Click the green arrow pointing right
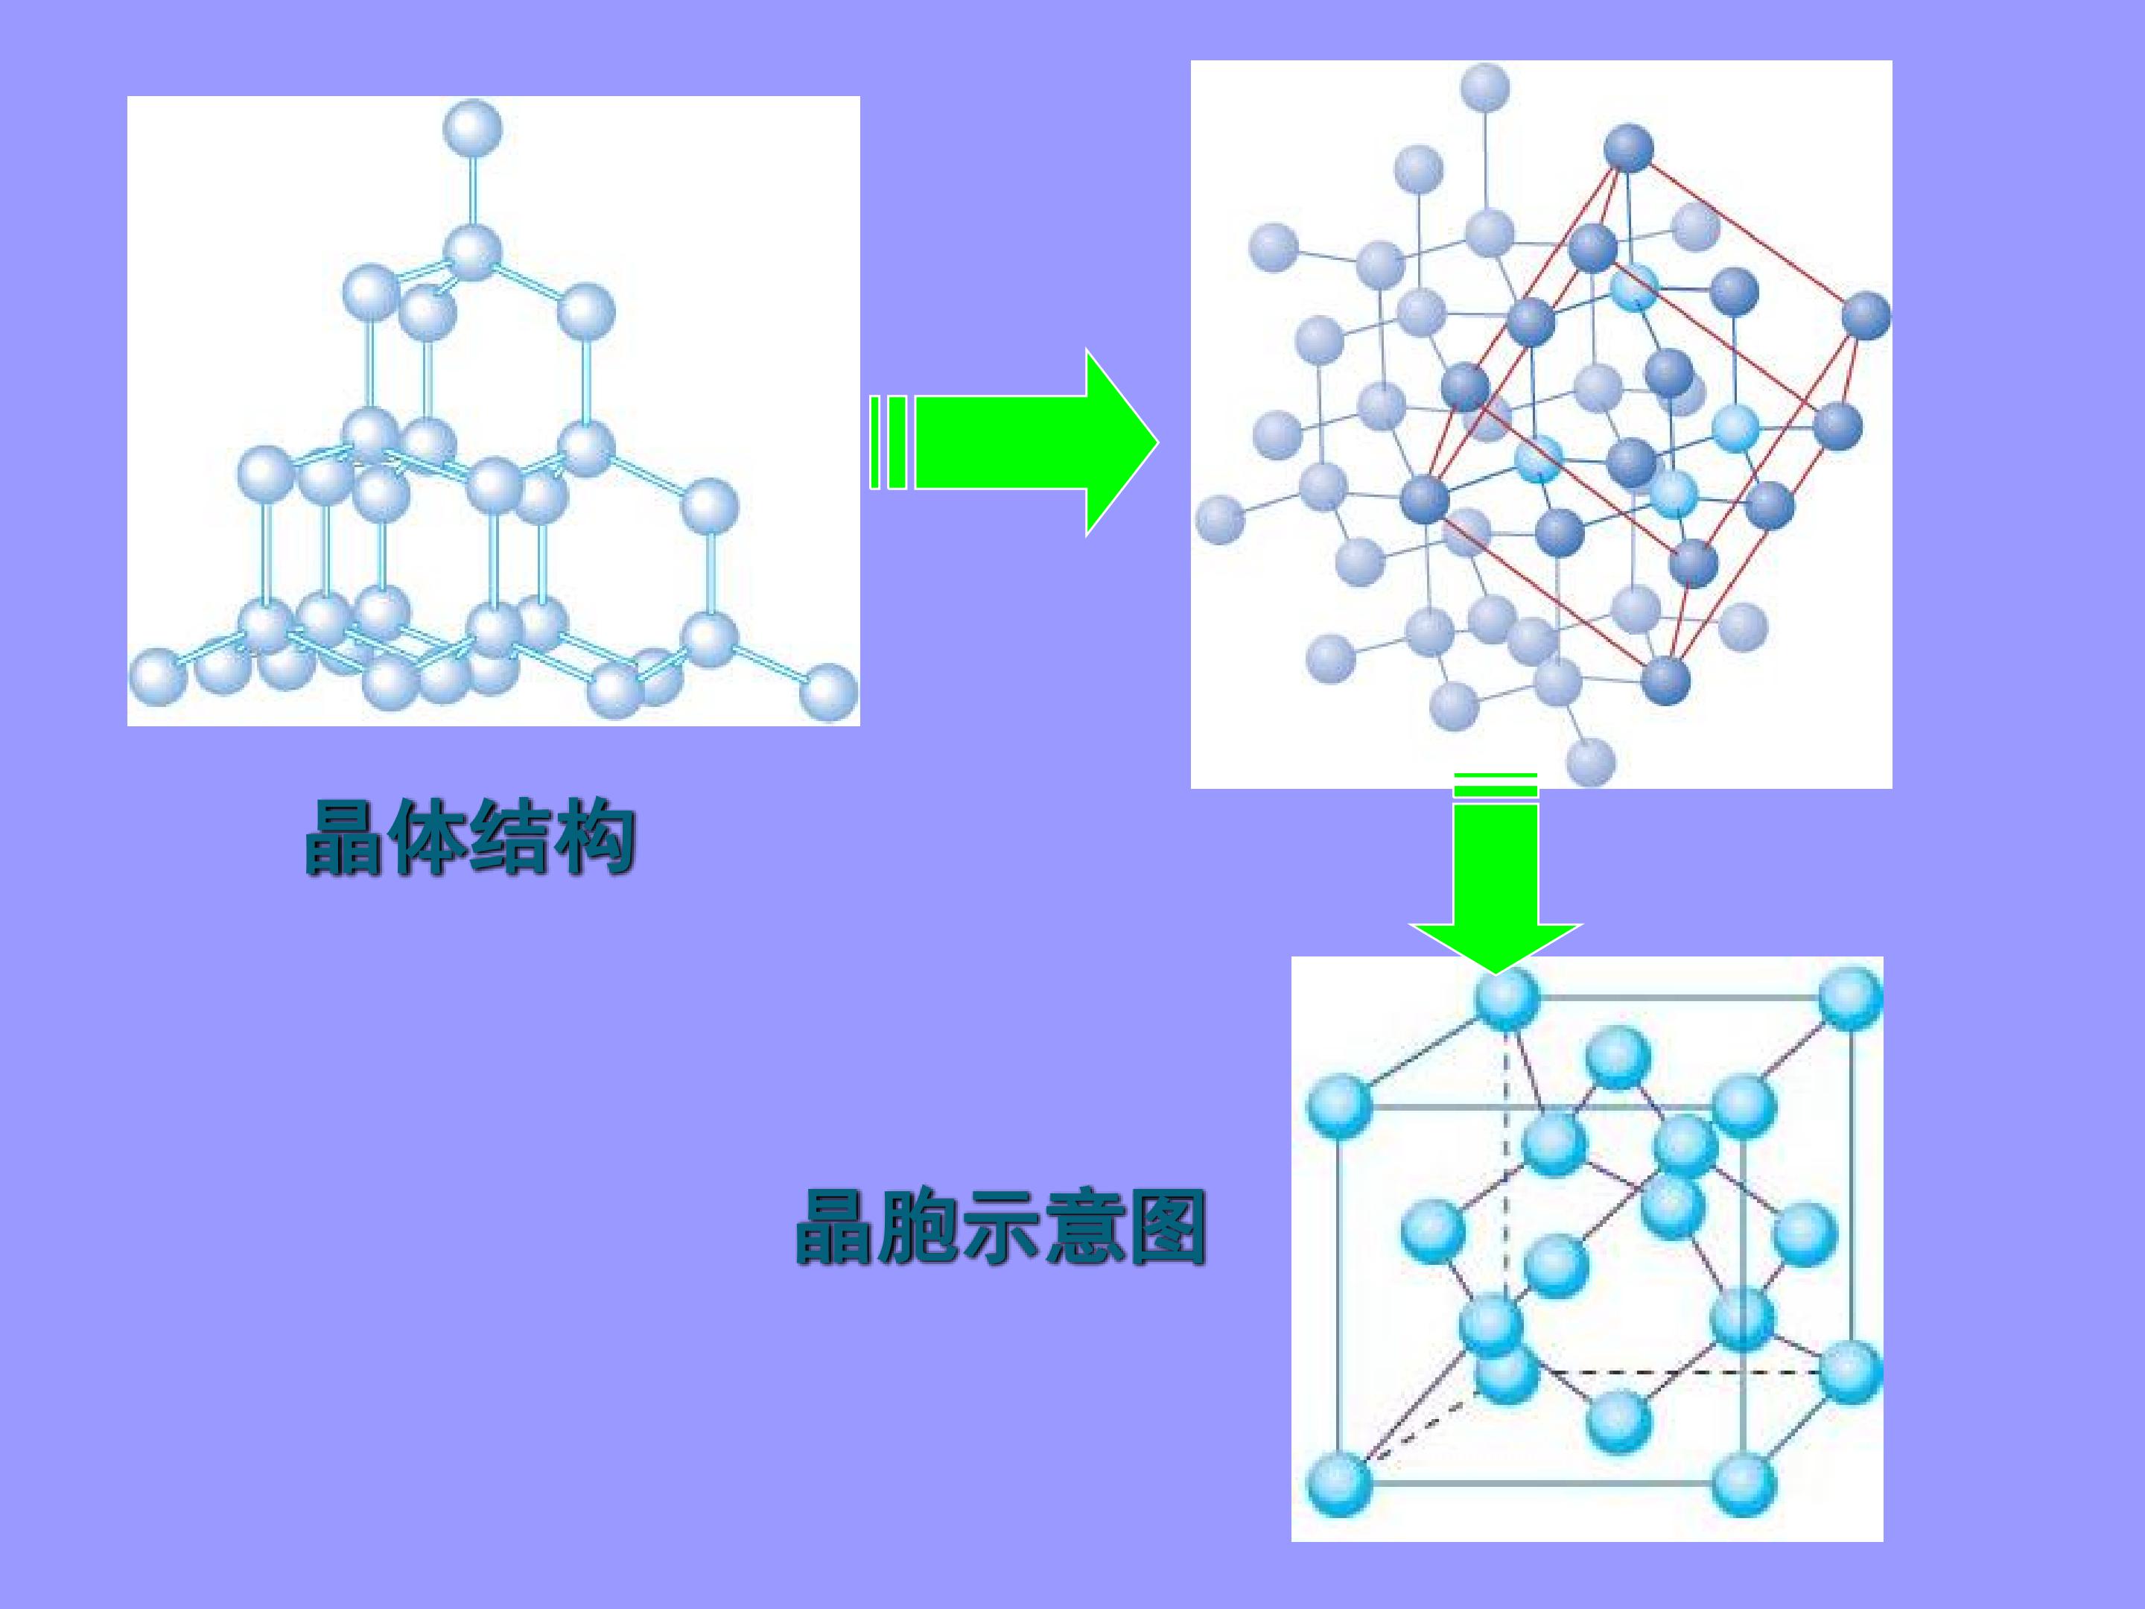pyautogui.click(x=1014, y=442)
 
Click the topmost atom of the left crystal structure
pyautogui.click(x=472, y=128)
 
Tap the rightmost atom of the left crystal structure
pyautogui.click(x=830, y=693)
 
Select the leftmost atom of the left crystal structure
pyautogui.click(x=158, y=676)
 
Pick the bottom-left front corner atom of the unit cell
pyautogui.click(x=1339, y=1483)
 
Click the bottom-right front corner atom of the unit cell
pyautogui.click(x=1744, y=1483)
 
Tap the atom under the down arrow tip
pyautogui.click(x=1507, y=999)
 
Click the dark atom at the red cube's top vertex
pyautogui.click(x=1628, y=148)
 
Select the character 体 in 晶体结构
pyautogui.click(x=428, y=837)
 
